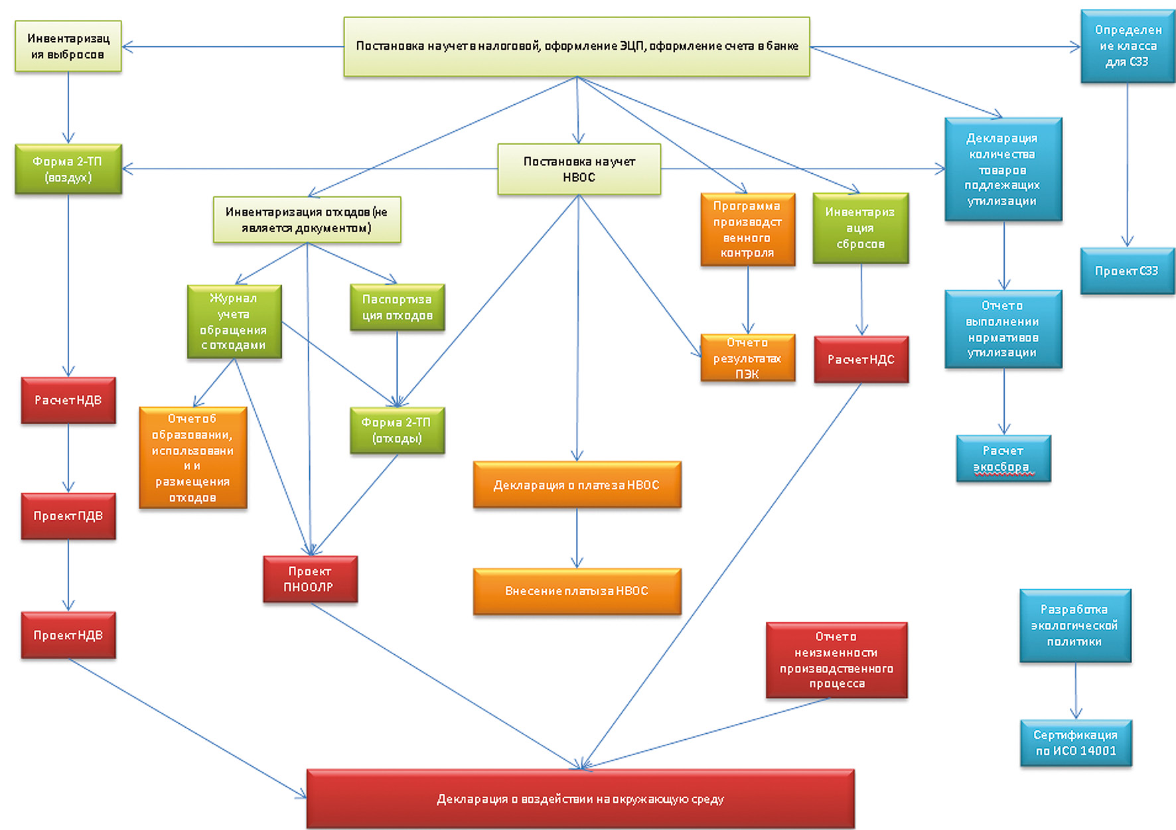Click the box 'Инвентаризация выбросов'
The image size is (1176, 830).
tap(68, 46)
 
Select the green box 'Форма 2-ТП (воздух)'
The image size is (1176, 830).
tap(68, 169)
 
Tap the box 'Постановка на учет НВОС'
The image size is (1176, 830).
tap(579, 169)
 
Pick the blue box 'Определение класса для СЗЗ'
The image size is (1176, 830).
tap(1127, 46)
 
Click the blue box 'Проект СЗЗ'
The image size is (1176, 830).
tap(1127, 271)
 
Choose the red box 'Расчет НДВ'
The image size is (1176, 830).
tap(68, 400)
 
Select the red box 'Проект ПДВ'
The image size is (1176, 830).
tap(68, 516)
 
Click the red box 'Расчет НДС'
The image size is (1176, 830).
tap(861, 360)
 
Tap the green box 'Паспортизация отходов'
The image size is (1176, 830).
tap(397, 307)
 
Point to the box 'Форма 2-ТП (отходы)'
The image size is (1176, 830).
tap(397, 430)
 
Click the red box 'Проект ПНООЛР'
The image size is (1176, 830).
tap(310, 579)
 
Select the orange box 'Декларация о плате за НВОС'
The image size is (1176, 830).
tap(577, 485)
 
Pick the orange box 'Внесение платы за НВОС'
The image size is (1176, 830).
tap(577, 591)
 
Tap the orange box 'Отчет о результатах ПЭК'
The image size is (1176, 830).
tap(747, 358)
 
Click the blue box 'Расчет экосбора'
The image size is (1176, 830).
tap(1003, 458)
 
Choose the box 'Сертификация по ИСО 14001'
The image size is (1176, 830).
tap(1076, 743)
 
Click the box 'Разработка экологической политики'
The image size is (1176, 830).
tap(1074, 625)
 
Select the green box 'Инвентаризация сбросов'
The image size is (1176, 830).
tap(860, 228)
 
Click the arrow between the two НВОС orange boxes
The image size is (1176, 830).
tap(577, 538)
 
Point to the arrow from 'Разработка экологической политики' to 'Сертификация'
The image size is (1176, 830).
tap(1076, 691)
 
